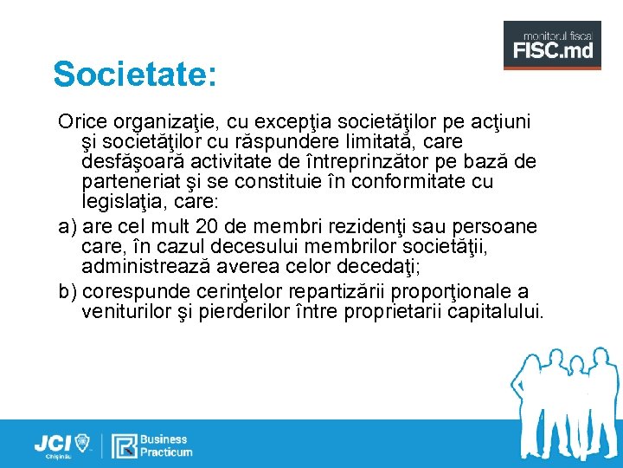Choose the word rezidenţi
point(379,227)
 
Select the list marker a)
point(67,227)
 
